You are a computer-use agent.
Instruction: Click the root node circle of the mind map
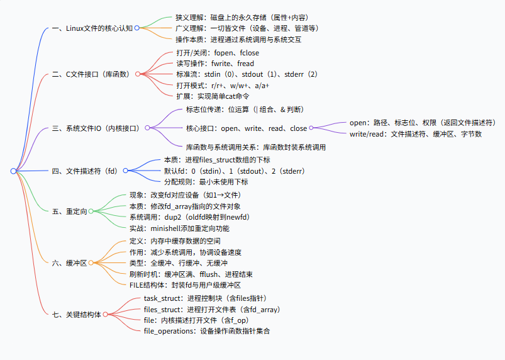[13, 171]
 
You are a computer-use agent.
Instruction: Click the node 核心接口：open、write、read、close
[247, 128]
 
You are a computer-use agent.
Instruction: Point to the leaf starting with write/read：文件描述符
[416, 134]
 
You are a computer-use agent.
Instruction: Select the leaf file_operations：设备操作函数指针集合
[207, 330]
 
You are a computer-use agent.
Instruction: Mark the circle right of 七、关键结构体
[106, 313]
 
